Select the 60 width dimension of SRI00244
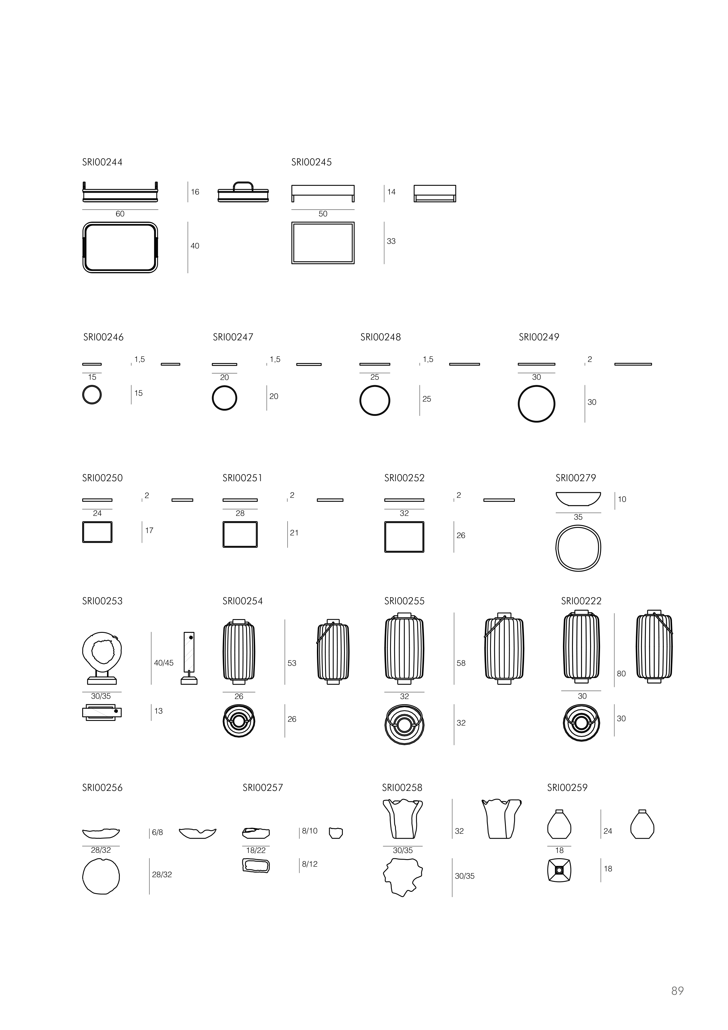(120, 214)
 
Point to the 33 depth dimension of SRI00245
(391, 241)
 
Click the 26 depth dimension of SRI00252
(461, 536)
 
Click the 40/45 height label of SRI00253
(164, 663)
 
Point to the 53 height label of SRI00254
(292, 663)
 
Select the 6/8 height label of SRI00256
(157, 832)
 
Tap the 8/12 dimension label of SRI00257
(310, 864)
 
